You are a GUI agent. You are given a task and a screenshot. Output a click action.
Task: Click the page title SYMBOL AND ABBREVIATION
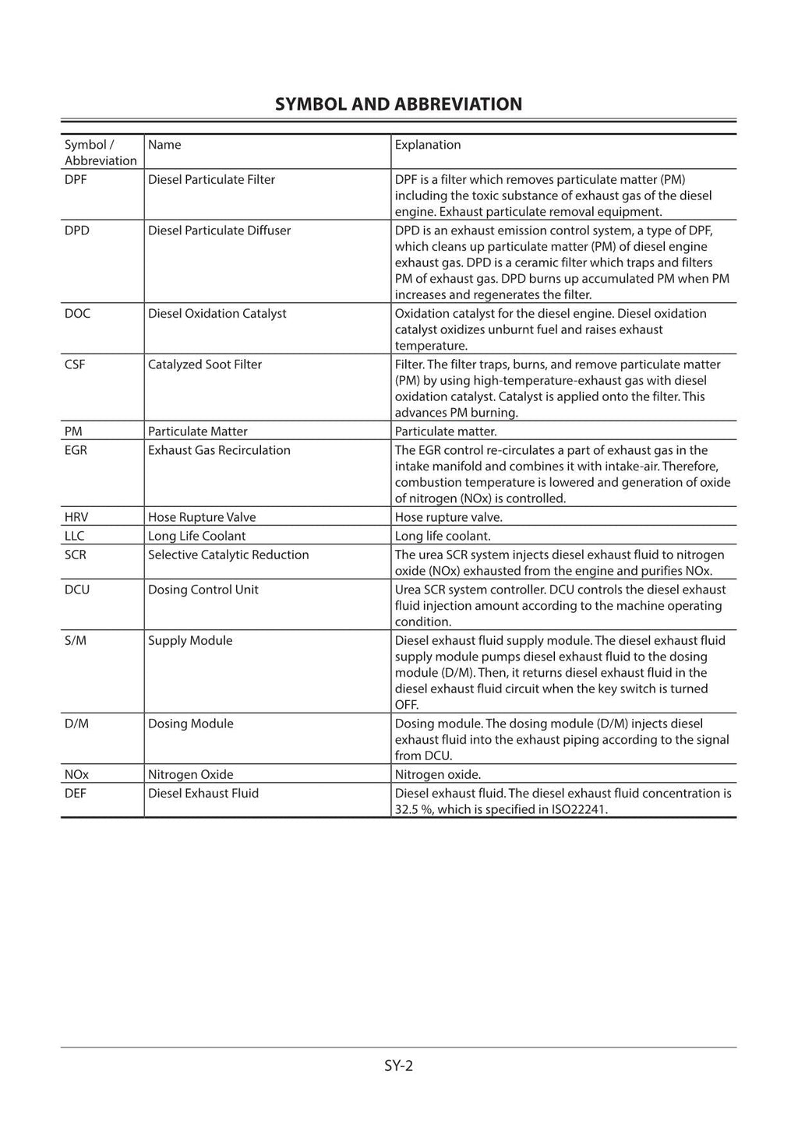coord(398,104)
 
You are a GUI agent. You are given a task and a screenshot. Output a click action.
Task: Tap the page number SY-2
coord(398,1065)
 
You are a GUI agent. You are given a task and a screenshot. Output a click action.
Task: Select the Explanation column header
coord(427,145)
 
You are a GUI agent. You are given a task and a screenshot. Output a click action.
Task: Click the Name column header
coord(164,145)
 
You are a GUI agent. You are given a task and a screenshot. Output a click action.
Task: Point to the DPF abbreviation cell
coord(76,180)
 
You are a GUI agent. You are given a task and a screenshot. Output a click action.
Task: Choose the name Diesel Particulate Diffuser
coord(219,231)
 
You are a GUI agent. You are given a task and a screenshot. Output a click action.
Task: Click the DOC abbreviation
coord(77,314)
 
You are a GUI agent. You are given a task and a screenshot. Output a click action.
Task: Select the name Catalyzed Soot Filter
coord(205,365)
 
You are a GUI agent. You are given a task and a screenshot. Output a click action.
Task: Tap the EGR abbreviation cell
coord(76,450)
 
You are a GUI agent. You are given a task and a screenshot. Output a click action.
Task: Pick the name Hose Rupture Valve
coord(202,517)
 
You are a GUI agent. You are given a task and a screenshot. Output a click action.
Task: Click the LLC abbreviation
coord(74,536)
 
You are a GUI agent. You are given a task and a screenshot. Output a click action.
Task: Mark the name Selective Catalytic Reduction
coord(228,555)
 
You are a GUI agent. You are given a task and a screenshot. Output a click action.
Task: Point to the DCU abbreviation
coord(77,590)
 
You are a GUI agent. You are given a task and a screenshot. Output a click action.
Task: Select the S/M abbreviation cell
coord(76,641)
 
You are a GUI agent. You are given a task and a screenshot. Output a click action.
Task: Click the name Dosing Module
coord(191,724)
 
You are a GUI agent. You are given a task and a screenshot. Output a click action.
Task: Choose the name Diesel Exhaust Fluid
coord(203,794)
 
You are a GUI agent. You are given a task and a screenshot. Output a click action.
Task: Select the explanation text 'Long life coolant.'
coord(443,536)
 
